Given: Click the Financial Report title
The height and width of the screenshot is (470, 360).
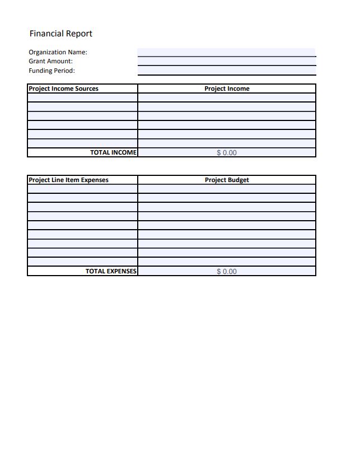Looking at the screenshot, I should point(60,34).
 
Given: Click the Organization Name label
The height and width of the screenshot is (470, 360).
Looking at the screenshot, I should point(58,52).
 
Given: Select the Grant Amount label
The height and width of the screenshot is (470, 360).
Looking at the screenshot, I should point(50,61).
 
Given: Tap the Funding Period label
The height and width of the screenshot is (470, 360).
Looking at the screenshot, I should point(52,71).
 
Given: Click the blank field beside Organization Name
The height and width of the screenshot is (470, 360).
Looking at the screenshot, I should point(226,52).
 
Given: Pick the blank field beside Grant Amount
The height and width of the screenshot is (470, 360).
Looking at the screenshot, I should point(226,61).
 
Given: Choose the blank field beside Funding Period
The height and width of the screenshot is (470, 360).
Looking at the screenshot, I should point(226,71).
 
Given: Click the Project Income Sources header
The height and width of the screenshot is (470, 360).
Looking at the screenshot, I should point(63,89).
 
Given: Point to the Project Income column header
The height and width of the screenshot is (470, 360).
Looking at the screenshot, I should point(227,89).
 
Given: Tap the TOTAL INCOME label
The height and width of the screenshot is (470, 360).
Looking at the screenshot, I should point(113,152).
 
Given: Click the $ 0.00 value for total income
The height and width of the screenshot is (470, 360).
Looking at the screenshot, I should point(227,152).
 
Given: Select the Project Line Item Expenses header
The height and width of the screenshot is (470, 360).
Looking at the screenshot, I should point(68,180).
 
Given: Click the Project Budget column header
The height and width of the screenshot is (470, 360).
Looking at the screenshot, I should point(227,180).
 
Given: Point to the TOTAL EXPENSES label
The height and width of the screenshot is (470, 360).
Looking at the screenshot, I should point(111,271).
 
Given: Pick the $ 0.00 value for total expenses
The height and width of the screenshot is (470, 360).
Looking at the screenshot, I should point(227,271).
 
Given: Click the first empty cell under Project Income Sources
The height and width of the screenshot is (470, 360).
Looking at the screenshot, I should point(82,97).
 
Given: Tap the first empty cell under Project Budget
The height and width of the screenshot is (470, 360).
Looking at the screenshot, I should point(227,189).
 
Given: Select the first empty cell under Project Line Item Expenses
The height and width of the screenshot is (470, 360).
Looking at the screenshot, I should point(82,189).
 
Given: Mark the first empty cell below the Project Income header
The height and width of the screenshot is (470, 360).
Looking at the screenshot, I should point(227,97).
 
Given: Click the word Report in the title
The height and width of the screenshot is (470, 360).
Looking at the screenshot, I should point(79,34).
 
